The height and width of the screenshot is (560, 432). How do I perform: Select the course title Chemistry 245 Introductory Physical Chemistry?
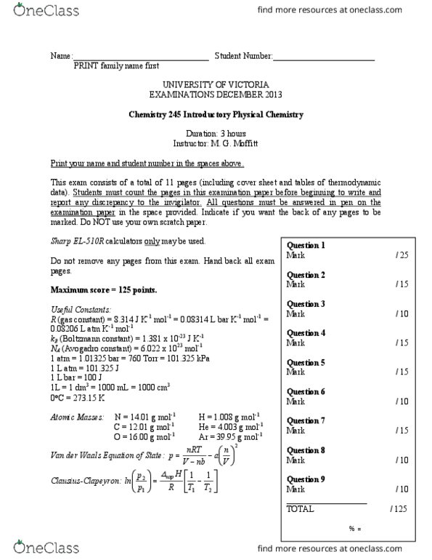pyautogui.click(x=215, y=115)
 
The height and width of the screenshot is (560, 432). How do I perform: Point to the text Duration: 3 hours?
pyautogui.click(x=216, y=135)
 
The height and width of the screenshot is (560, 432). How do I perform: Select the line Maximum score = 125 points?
pyautogui.click(x=103, y=290)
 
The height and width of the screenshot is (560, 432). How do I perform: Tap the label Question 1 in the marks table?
pyautogui.click(x=306, y=246)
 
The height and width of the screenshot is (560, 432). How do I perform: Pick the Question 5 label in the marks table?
pyautogui.click(x=306, y=362)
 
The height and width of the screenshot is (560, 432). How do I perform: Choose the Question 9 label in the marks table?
pyautogui.click(x=306, y=479)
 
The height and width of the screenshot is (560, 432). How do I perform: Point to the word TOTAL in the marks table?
pyautogui.click(x=301, y=510)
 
